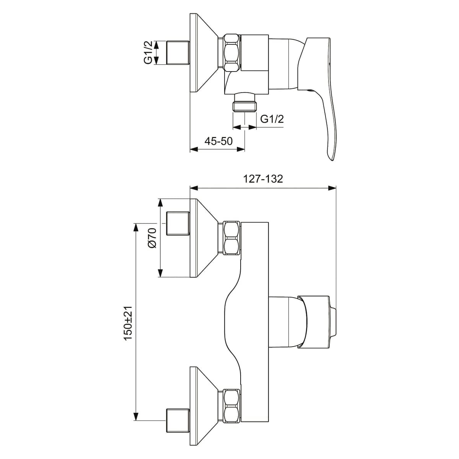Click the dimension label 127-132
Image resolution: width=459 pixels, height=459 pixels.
pyautogui.click(x=263, y=179)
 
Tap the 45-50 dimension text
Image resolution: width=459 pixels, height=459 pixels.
pyautogui.click(x=218, y=141)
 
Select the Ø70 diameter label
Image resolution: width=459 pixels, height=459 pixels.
pyautogui.click(x=152, y=238)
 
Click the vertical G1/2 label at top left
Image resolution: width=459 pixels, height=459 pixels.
pyautogui.click(x=148, y=52)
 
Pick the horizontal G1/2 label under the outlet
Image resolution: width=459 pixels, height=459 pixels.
pyautogui.click(x=272, y=119)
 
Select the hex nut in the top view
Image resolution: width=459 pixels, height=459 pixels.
pyautogui.click(x=231, y=53)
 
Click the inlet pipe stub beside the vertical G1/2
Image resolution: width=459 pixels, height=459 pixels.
pyautogui.click(x=178, y=52)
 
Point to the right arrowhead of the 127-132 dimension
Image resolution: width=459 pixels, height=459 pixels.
pyautogui.click(x=332, y=188)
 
